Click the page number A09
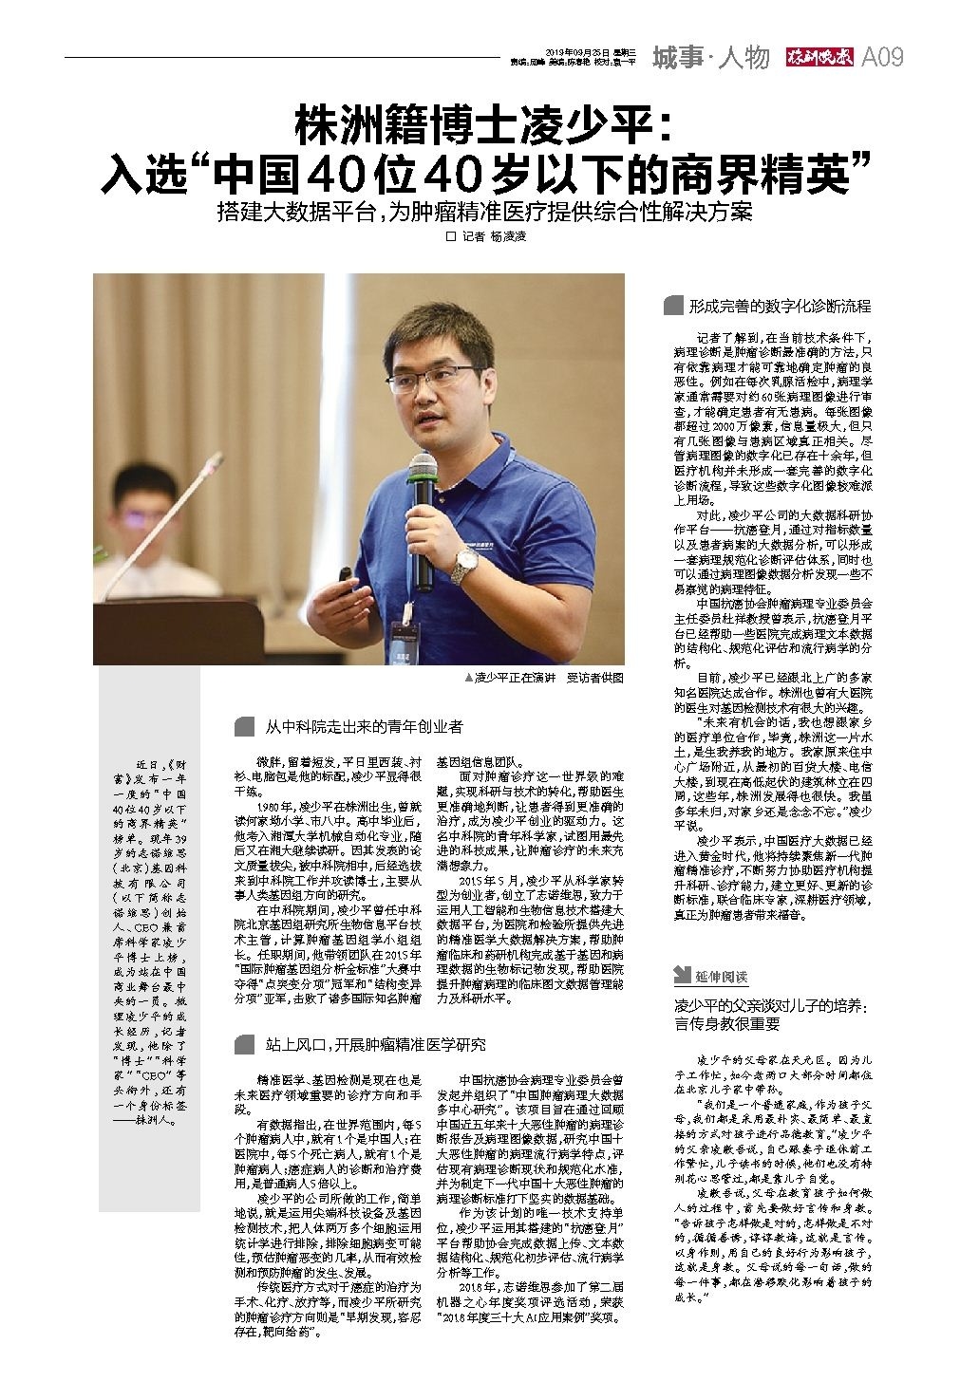[881, 58]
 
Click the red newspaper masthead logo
[819, 58]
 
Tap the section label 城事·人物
[710, 58]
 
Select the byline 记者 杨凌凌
[491, 237]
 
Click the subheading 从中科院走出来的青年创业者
[364, 727]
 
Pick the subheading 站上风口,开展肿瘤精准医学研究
[375, 1045]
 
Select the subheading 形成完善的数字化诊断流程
[780, 306]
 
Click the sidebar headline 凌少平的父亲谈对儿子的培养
[771, 1013]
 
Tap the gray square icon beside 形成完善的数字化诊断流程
[673, 306]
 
